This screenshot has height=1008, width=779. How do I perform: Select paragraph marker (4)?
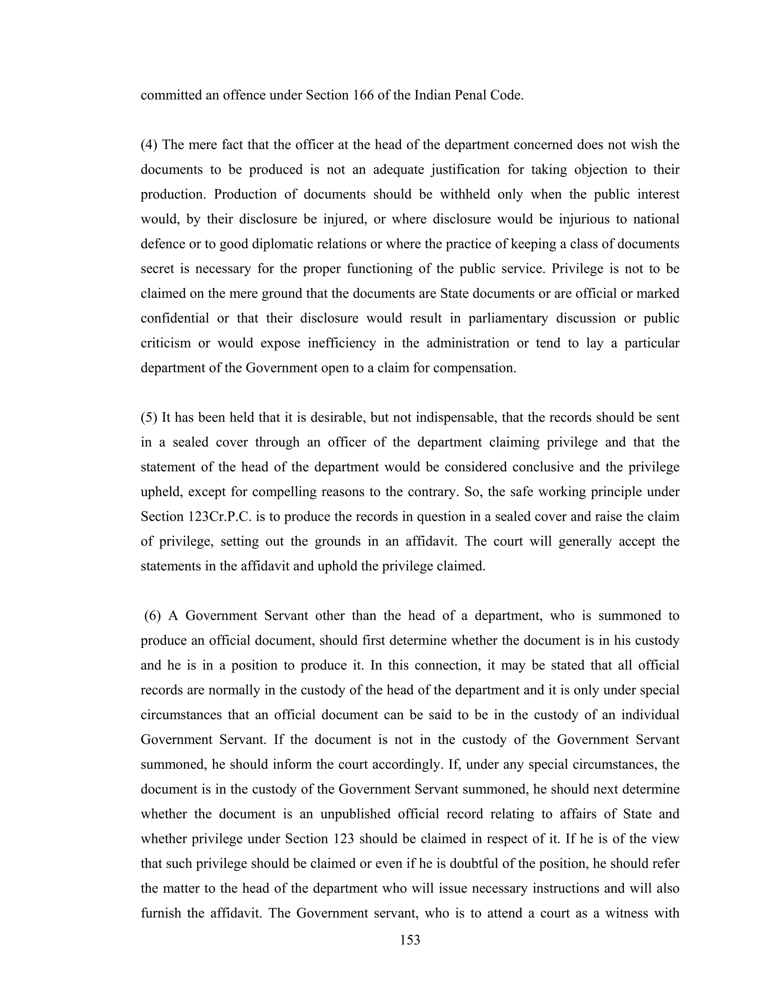coord(149,145)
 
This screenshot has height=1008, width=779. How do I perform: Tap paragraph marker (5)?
coord(149,418)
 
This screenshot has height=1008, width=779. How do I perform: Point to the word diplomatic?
coord(283,244)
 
